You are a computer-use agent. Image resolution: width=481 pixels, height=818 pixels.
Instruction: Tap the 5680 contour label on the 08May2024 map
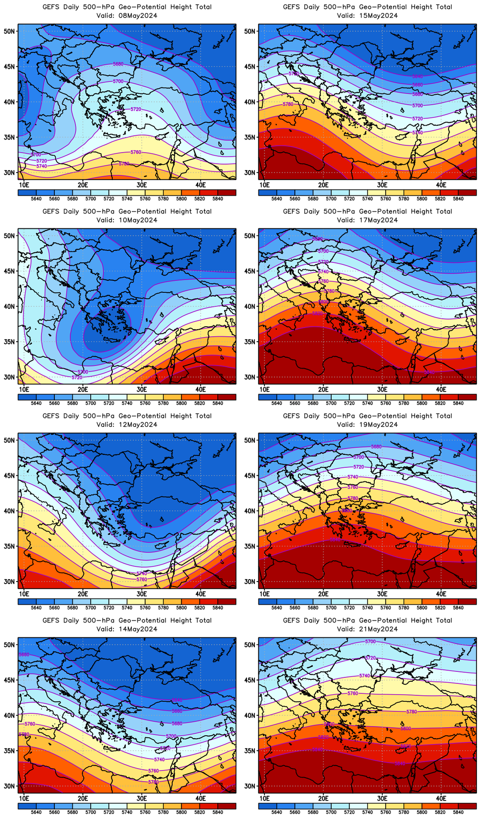[x=118, y=64]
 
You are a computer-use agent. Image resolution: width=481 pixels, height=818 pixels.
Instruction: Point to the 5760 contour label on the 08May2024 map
[x=136, y=152]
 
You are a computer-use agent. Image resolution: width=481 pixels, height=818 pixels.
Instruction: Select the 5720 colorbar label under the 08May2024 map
[x=108, y=199]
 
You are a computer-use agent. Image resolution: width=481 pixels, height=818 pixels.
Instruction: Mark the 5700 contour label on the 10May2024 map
[x=83, y=372]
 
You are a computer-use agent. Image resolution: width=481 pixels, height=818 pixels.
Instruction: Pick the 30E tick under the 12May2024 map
[x=142, y=594]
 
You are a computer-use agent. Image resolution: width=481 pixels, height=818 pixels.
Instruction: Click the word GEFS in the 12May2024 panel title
[x=51, y=416]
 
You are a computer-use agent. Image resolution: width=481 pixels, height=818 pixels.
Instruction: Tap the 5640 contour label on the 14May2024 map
[x=177, y=700]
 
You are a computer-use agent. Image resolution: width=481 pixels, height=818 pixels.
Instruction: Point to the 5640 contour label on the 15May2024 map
[x=418, y=76]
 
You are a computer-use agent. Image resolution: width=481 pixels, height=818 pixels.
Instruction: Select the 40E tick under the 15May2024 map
[x=441, y=185]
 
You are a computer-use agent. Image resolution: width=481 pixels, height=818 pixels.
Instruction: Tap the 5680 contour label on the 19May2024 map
[x=376, y=446]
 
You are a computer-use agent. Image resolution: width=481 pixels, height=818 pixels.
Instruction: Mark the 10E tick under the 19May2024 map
[x=264, y=594]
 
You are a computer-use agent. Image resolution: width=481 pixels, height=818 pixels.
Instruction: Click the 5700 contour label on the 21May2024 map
[x=370, y=641]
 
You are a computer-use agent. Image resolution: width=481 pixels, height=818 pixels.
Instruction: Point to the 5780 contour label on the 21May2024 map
[x=412, y=712]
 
